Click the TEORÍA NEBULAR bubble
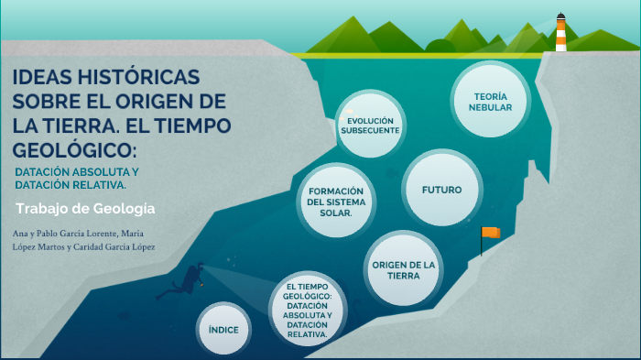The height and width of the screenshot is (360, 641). [490, 102]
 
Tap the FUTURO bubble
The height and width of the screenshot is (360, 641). [441, 190]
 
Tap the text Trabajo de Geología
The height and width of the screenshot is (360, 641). [85, 209]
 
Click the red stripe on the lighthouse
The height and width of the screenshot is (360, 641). [560, 36]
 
